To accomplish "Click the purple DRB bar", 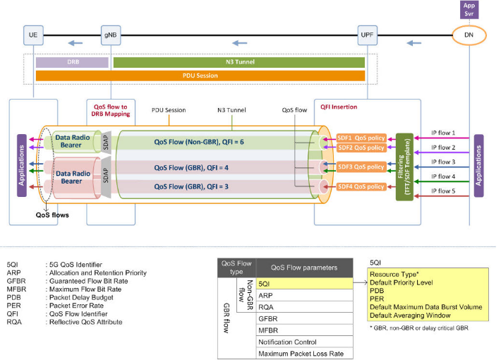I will (x=72, y=62).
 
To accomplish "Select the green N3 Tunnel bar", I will (x=239, y=62).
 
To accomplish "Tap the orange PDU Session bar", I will (x=200, y=75).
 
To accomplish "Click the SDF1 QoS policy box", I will (x=361, y=138).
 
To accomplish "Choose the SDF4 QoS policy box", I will (x=361, y=186).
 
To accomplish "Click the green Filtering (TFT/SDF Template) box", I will (x=404, y=166).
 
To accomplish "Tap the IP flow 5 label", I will (x=443, y=190).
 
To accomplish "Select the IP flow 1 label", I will (x=443, y=133).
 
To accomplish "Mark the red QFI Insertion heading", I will (x=339, y=107).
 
